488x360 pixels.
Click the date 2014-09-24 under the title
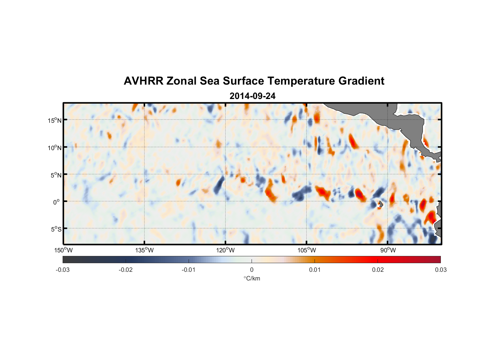[x=252, y=96]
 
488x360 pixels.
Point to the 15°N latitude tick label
[x=55, y=120]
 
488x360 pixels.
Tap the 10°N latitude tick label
[x=55, y=148]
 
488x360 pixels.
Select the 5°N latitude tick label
[x=55, y=175]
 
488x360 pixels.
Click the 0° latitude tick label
[x=57, y=202]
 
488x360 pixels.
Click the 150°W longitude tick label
[x=63, y=250]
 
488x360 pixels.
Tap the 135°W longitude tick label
[x=144, y=250]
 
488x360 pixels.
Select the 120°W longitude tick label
[x=225, y=250]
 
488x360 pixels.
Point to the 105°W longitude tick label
[x=307, y=250]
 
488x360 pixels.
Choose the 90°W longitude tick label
[x=388, y=250]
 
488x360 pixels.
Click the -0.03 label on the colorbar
[x=63, y=270]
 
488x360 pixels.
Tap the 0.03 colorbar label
[x=440, y=270]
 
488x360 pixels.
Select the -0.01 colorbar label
[x=189, y=270]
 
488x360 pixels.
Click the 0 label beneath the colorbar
[x=252, y=270]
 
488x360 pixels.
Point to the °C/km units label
[x=252, y=278]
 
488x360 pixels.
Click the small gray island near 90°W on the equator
[x=380, y=204]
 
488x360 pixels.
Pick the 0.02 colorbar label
[x=378, y=270]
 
